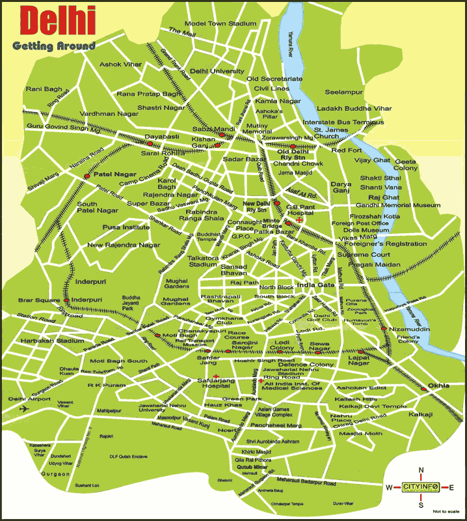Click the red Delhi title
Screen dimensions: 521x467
click(x=59, y=21)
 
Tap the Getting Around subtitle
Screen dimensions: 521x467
click(x=53, y=46)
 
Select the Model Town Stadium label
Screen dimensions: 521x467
click(x=220, y=23)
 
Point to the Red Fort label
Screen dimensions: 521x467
click(x=346, y=150)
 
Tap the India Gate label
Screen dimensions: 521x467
click(x=315, y=285)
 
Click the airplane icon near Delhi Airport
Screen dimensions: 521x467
click(x=25, y=409)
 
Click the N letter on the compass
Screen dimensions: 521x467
click(x=421, y=471)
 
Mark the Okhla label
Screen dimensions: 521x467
click(x=438, y=386)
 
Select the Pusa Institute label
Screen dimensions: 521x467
click(x=126, y=227)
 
